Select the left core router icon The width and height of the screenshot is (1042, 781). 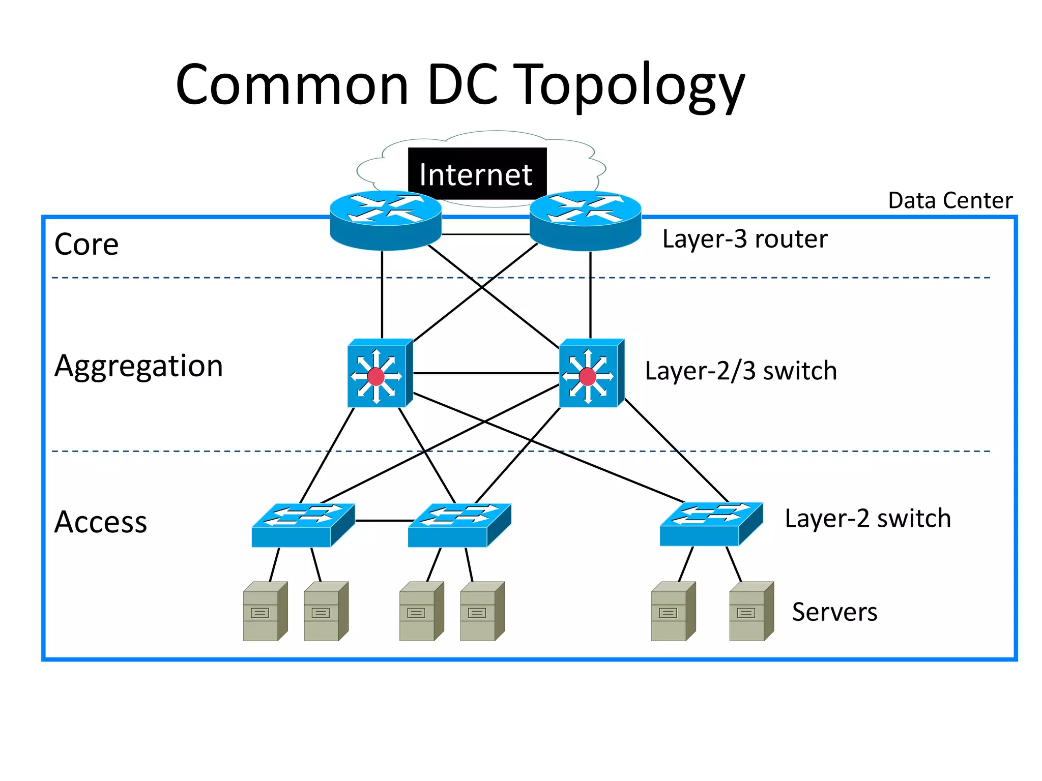[x=385, y=220]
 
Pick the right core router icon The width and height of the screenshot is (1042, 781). [x=585, y=220]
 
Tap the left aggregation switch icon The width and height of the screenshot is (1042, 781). [x=379, y=373]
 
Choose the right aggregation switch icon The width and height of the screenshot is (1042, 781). [x=591, y=373]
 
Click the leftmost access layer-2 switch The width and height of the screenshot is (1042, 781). [x=303, y=525]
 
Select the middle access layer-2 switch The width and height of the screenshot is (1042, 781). [x=459, y=525]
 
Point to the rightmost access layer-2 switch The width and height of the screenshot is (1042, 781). [x=711, y=524]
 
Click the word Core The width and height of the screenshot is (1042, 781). [x=86, y=245]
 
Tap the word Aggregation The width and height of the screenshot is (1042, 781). [x=138, y=366]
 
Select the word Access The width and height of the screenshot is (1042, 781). [x=101, y=522]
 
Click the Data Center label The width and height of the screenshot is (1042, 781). [x=949, y=200]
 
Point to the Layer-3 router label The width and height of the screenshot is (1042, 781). [x=744, y=239]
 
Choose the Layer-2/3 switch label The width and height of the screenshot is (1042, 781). [x=740, y=371]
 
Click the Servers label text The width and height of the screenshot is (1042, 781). [x=834, y=612]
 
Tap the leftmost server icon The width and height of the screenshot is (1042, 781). [x=265, y=611]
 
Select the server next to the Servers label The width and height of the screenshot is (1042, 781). [x=751, y=611]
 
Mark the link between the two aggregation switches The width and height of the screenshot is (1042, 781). [x=486, y=373]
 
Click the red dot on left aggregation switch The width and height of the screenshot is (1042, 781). [x=376, y=377]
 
